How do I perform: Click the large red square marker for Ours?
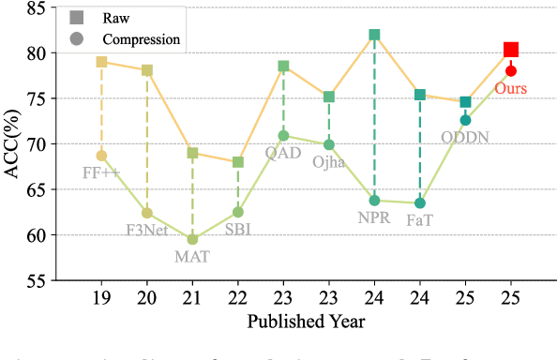(511, 50)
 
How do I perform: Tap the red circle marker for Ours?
(511, 70)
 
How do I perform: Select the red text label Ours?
(511, 89)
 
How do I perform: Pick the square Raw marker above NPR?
(374, 35)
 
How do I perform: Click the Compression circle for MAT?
(192, 239)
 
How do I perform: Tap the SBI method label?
(236, 229)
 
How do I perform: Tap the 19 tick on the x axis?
(101, 297)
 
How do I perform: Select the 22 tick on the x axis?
(237, 297)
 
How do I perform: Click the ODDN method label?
(465, 137)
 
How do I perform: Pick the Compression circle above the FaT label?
(420, 202)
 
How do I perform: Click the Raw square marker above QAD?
(283, 67)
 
